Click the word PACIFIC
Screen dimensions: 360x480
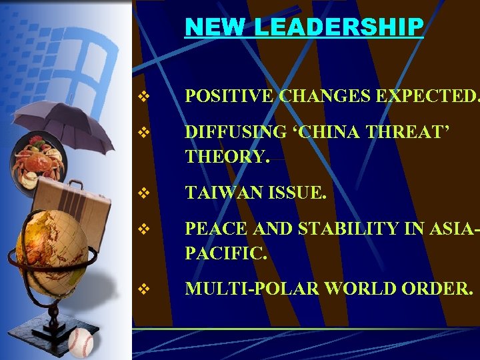point(225,253)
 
